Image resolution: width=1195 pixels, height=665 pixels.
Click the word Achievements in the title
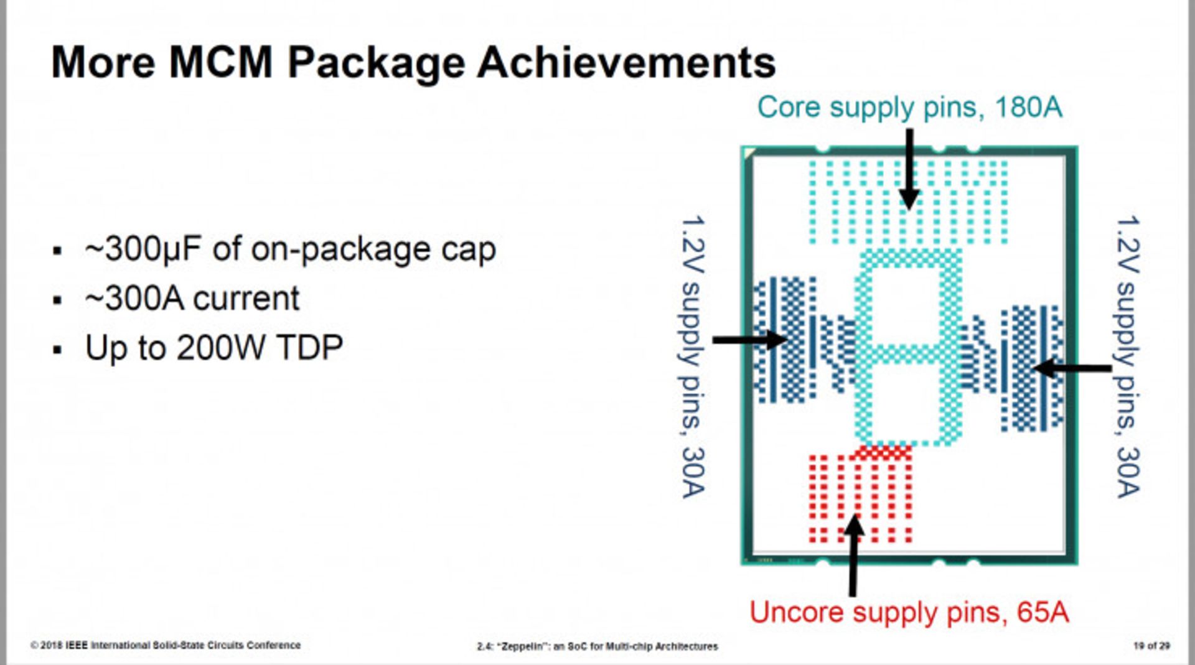[626, 63]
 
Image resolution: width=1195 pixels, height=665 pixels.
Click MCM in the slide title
[221, 63]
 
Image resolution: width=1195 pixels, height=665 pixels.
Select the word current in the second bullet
[247, 299]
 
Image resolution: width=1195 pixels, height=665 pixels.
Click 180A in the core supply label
[1028, 107]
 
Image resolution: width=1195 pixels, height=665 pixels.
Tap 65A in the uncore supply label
[1043, 612]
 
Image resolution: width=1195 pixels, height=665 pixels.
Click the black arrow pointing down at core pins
[909, 169]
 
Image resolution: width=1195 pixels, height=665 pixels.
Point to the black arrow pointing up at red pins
[854, 556]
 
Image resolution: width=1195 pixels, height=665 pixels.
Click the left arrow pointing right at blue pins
[751, 340]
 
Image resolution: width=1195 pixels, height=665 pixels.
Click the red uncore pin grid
[860, 495]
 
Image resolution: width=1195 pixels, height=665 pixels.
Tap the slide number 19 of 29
[1151, 646]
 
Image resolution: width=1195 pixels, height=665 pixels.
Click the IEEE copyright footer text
[166, 645]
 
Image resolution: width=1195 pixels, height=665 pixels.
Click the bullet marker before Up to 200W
[58, 350]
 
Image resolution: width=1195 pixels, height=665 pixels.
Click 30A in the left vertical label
[693, 473]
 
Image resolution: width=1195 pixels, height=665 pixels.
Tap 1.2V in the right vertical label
[1127, 244]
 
